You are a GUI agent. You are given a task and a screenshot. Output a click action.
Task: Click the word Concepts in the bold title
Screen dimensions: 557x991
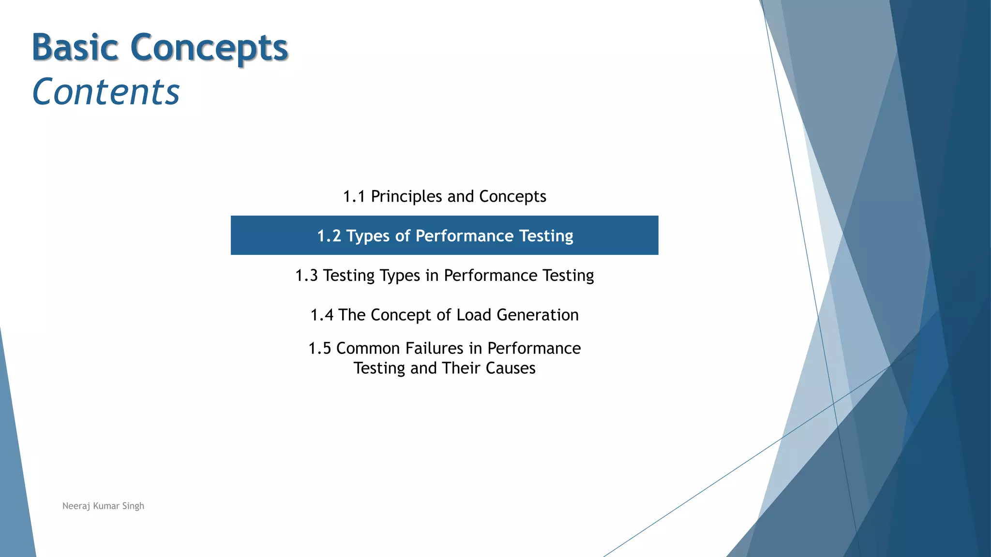[x=209, y=48]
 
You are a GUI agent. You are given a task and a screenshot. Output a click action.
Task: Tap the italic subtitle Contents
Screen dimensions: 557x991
[x=106, y=92]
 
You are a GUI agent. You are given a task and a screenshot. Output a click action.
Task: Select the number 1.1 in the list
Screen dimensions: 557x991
[x=354, y=196]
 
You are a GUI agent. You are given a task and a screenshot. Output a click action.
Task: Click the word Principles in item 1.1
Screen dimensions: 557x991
[x=406, y=196]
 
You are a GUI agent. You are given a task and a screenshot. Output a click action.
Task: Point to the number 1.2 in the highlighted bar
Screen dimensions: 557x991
[x=329, y=235]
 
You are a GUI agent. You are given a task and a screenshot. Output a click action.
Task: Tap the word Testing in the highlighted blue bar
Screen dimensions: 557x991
[x=546, y=236]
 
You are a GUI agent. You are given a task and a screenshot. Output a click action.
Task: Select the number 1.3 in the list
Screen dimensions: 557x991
[x=306, y=275]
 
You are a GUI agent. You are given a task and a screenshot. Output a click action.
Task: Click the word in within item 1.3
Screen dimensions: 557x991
[x=432, y=275]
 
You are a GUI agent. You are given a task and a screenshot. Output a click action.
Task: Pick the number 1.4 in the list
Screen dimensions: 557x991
[x=322, y=315]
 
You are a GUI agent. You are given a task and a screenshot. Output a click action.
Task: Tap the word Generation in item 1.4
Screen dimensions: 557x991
[x=538, y=315]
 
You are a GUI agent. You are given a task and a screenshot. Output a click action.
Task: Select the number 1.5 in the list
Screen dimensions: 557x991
[x=319, y=348]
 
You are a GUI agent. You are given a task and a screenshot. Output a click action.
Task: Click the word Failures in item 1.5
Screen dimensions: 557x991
[x=435, y=348]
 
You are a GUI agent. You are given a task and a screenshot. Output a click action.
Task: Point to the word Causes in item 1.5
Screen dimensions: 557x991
[x=511, y=368]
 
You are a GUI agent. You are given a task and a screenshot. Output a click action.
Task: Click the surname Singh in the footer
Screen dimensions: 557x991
[x=133, y=506]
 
